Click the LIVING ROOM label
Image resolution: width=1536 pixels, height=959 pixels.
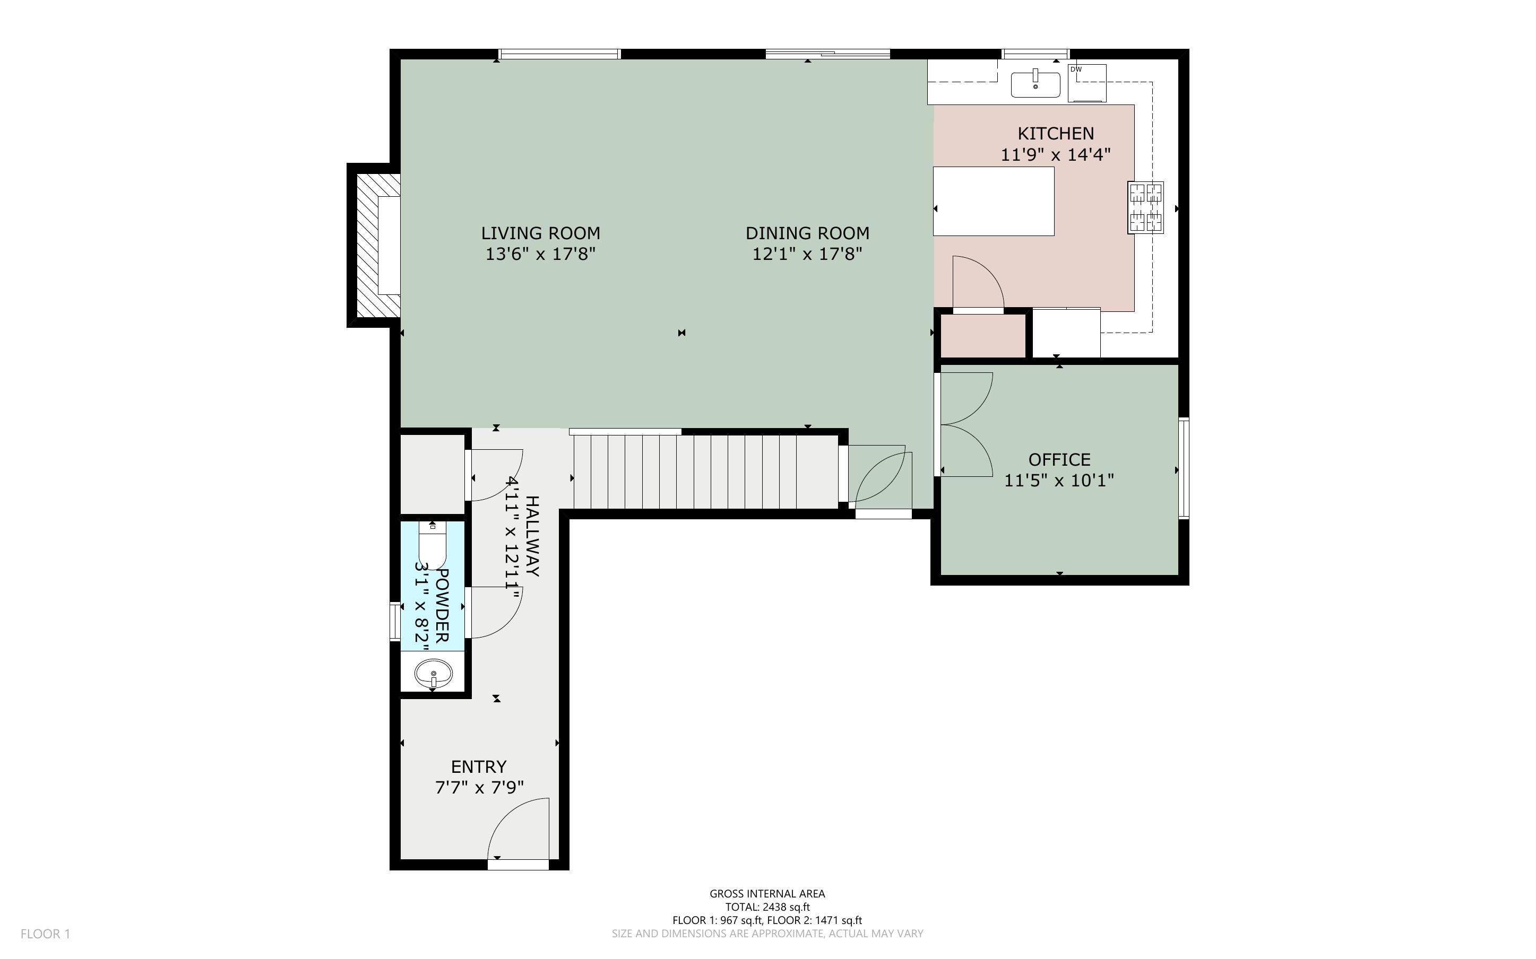[540, 233]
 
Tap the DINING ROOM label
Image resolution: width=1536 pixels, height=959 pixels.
[807, 233]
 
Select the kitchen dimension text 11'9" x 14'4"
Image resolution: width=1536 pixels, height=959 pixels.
[1056, 154]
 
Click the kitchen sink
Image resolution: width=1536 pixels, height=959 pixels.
[1035, 84]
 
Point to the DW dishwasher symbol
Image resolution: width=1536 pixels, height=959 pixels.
[1087, 82]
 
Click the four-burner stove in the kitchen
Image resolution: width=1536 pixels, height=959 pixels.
[1146, 207]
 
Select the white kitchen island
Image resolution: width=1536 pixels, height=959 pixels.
[994, 201]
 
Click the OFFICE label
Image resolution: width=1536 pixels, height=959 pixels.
[1059, 459]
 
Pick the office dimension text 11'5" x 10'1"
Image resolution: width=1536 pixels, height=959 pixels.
[1059, 480]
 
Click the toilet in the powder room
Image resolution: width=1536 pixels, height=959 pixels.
[433, 544]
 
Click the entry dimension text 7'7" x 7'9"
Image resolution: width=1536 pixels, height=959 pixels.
[479, 787]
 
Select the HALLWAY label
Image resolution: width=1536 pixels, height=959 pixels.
[532, 537]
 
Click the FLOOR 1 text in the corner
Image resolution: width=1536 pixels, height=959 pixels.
[46, 934]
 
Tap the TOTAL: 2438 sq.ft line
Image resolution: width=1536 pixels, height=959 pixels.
[767, 907]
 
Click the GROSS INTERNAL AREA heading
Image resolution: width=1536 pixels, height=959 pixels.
[767, 894]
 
